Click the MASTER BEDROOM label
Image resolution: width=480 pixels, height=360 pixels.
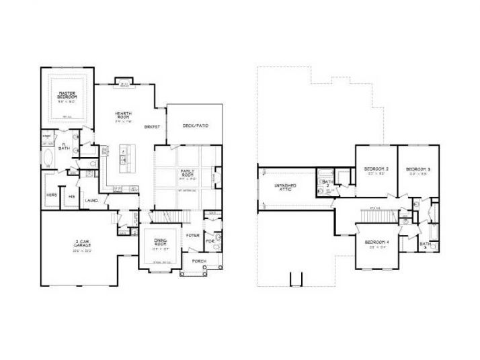tap(66, 95)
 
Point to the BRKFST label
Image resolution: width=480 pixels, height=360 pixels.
tap(151, 126)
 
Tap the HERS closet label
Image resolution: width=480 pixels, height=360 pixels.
tap(51, 195)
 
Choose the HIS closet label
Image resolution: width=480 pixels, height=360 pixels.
tap(71, 196)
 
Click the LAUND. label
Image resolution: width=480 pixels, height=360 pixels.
tap(93, 199)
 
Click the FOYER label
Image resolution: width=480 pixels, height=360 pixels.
tap(192, 236)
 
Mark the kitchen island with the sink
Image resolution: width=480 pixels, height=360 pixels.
tap(124, 156)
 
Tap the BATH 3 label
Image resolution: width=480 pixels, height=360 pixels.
tap(424, 245)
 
